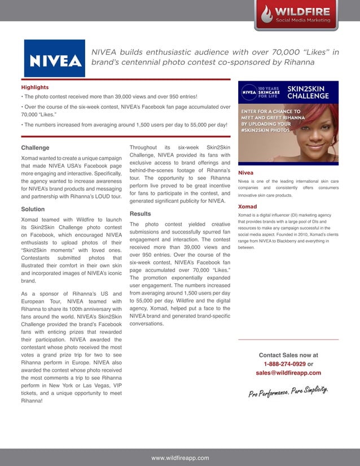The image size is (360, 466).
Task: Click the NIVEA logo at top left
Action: pos(54,59)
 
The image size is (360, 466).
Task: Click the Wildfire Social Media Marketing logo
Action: pos(297,15)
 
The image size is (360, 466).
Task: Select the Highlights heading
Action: pos(35,87)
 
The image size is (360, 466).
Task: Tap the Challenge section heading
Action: pos(35,148)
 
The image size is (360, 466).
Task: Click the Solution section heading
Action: pos(33,209)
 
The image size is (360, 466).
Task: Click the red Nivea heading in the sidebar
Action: pos(245,172)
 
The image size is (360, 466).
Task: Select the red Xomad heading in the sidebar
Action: pos(247,206)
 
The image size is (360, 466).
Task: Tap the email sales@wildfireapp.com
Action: pos(288,373)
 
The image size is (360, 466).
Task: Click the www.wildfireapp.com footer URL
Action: pos(180,458)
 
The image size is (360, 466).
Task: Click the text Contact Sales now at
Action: pos(288,355)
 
